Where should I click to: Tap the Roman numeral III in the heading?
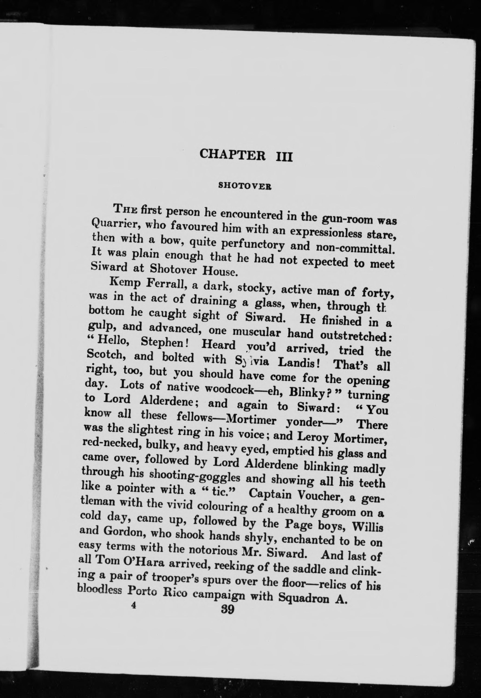tap(284, 157)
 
